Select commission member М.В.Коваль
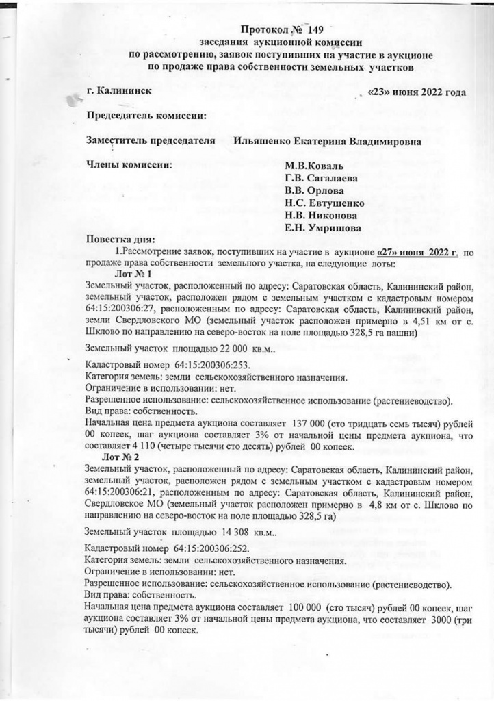[x=315, y=166]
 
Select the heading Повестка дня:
[x=120, y=240]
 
